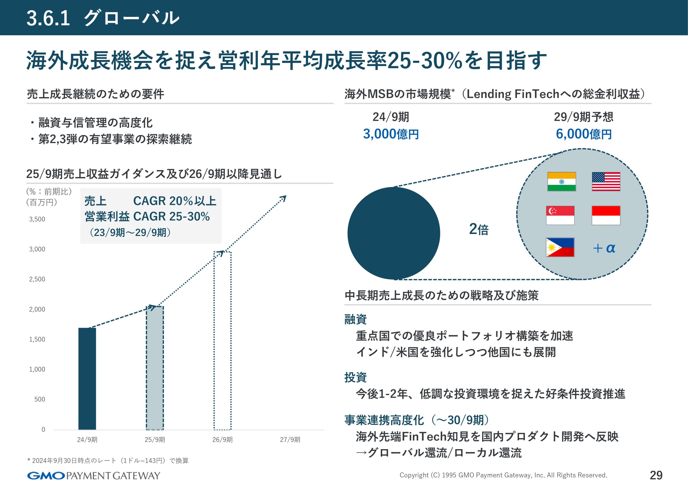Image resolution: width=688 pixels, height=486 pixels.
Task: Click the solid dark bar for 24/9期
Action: click(87, 379)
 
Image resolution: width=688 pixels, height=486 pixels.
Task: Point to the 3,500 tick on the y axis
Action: click(37, 219)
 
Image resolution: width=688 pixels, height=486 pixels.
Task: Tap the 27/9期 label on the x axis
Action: click(290, 440)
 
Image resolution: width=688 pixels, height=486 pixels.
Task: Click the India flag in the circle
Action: click(561, 182)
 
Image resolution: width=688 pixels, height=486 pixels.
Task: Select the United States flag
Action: click(606, 182)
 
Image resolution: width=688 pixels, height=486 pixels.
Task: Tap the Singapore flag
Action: click(560, 215)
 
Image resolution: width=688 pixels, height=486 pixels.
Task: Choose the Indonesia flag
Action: click(606, 215)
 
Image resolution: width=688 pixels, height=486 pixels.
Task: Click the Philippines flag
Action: click(560, 247)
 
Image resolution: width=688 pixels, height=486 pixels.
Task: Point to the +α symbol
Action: click(604, 248)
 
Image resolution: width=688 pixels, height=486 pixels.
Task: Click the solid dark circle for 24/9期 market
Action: click(394, 233)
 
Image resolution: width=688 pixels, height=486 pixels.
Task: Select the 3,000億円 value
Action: click(391, 134)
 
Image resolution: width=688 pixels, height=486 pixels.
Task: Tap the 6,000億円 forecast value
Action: click(584, 134)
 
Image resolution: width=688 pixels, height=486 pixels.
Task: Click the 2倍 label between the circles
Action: click(479, 229)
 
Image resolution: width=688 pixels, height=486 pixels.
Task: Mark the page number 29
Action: click(656, 475)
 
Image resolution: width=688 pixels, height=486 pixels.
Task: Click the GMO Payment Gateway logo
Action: click(94, 476)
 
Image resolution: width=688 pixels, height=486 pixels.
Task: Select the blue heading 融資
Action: click(355, 319)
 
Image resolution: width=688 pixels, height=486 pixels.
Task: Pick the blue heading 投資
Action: click(355, 377)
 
